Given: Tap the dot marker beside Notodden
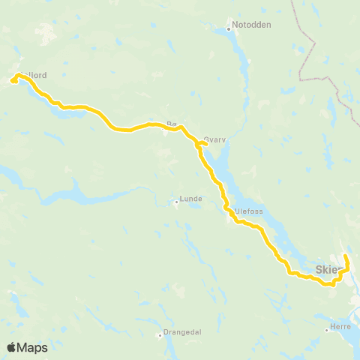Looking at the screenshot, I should (229, 30).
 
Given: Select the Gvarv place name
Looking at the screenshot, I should (214, 139).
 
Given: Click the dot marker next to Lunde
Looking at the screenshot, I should (176, 201).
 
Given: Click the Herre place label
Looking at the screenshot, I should (343, 329).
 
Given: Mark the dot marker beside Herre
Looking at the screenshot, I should (330, 329).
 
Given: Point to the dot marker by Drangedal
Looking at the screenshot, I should (159, 334).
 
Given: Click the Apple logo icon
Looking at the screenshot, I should (10, 347).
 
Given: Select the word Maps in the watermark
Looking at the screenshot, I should (34, 347).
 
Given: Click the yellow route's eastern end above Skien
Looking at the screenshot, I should (345, 256).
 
